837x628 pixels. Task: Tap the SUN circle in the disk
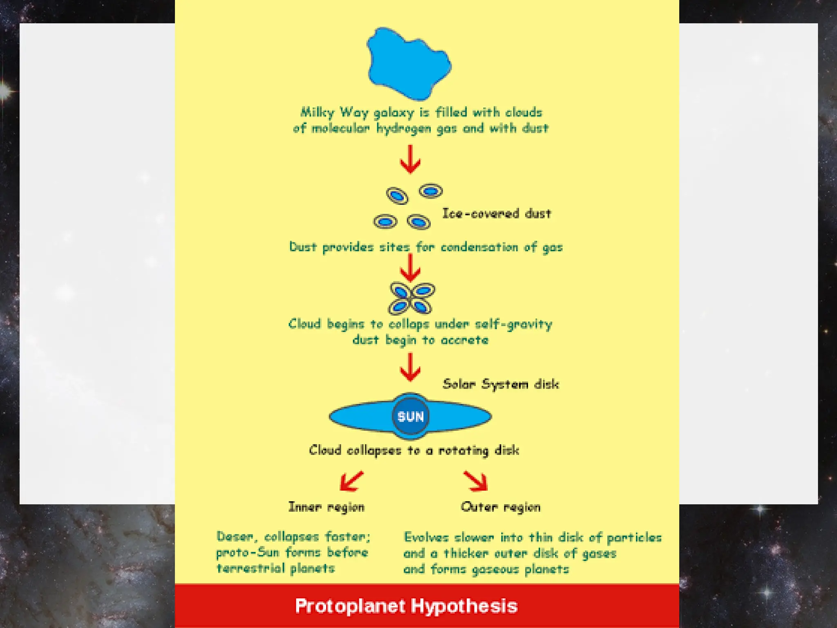tap(410, 417)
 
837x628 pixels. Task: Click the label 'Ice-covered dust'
tap(497, 213)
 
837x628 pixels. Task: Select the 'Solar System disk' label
tap(501, 384)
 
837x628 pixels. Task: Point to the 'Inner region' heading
tap(326, 507)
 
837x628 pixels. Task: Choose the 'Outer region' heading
tap(500, 507)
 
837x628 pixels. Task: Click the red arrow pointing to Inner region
tap(351, 481)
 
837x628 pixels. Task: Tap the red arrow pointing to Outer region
tap(476, 481)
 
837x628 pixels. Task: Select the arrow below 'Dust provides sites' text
tap(410, 267)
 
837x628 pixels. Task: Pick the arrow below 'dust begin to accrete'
tap(410, 367)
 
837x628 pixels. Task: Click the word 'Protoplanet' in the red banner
tap(350, 606)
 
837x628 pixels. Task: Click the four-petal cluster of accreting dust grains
tap(411, 298)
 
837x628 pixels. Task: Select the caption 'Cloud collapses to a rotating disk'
tap(414, 451)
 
